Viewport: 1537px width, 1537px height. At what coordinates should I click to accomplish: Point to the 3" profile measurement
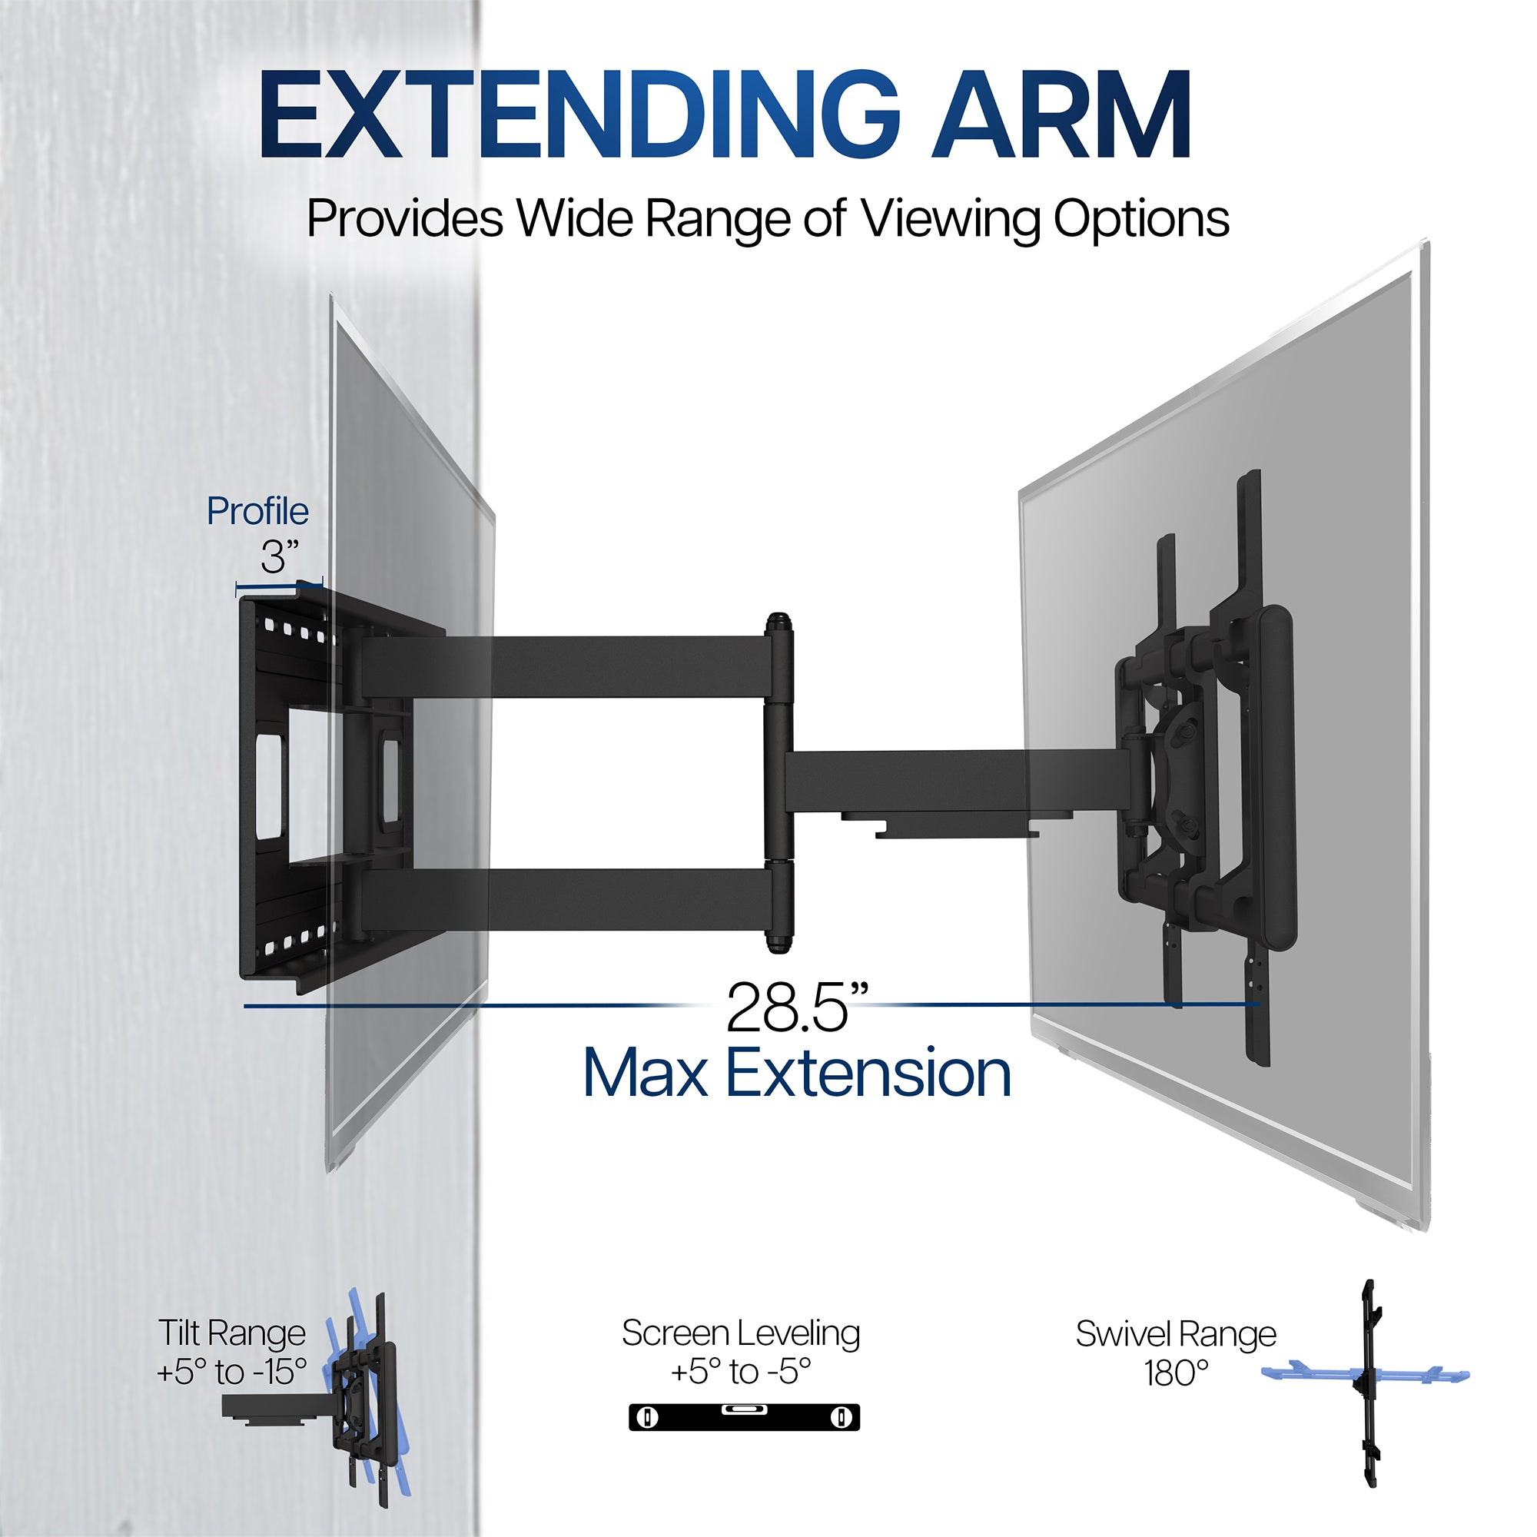point(279,556)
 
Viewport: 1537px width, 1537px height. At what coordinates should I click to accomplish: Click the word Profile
point(257,512)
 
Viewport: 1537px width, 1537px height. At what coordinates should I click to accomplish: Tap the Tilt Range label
point(231,1333)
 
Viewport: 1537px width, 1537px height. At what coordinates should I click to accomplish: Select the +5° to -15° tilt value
point(231,1372)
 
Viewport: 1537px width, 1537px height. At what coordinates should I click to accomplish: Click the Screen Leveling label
point(741,1333)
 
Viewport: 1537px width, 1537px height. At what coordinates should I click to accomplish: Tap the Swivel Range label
point(1175,1333)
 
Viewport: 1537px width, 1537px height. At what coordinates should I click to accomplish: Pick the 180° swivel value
point(1175,1373)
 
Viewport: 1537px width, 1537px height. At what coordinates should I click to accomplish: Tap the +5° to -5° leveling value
point(741,1372)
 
